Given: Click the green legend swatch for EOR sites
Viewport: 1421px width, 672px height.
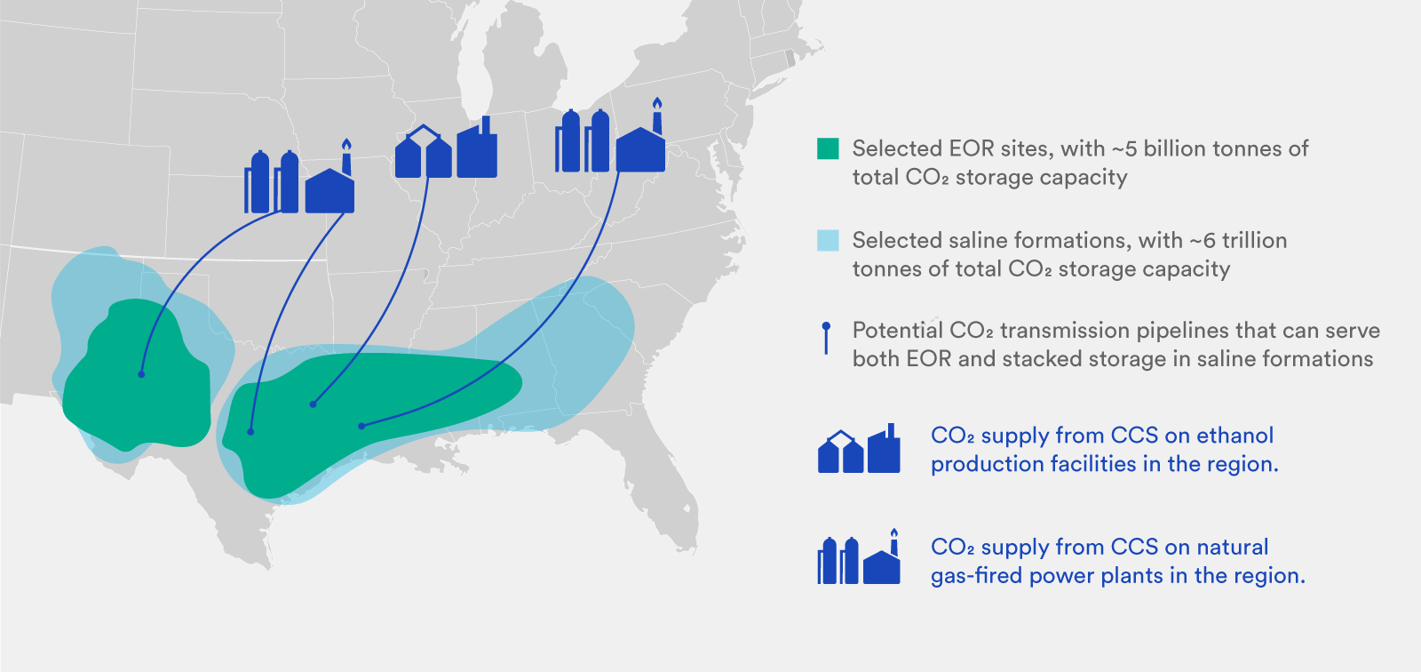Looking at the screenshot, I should [828, 148].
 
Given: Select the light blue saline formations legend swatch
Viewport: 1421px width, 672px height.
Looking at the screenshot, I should [828, 240].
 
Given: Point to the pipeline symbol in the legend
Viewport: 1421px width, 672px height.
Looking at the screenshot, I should [827, 338].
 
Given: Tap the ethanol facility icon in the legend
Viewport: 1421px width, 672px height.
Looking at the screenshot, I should [859, 449].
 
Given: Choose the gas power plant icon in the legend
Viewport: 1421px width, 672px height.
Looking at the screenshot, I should [859, 559].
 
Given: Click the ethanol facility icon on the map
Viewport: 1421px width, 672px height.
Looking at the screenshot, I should [446, 149].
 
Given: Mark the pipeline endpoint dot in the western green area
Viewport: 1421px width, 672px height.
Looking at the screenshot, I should [141, 374].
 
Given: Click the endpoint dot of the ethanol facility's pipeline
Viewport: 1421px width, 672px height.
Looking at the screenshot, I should [313, 404].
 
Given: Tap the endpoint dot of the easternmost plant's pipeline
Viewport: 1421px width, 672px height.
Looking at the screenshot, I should [361, 426].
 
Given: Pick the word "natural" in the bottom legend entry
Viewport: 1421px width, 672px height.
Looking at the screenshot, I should [1232, 547].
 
